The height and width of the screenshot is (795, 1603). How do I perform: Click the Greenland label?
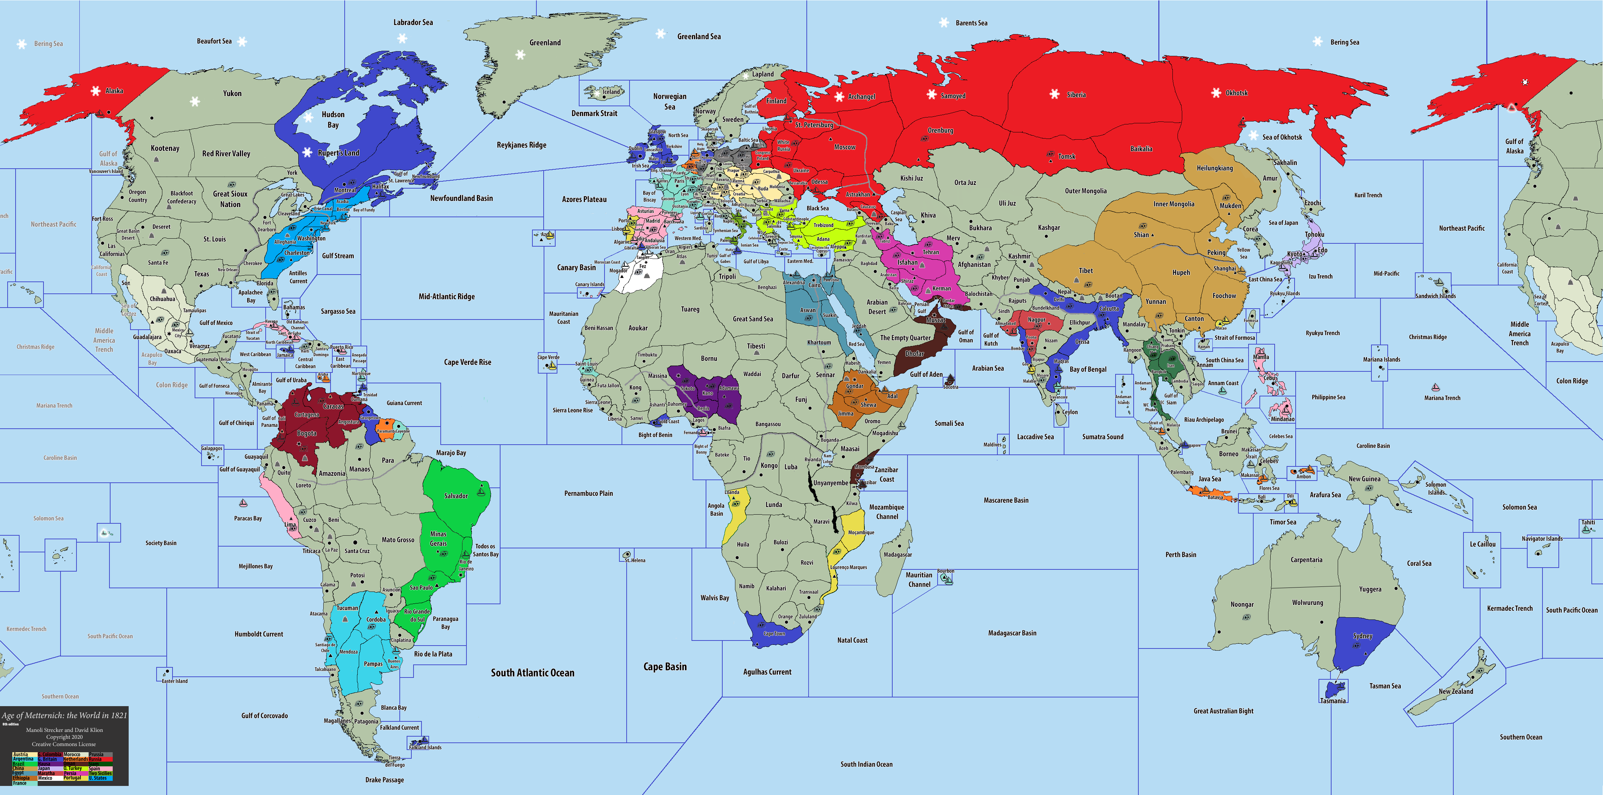(x=545, y=42)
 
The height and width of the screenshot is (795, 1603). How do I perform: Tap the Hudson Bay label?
(x=333, y=120)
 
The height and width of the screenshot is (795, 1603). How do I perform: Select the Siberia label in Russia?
(x=1076, y=95)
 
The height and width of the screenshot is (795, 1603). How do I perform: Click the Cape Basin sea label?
(x=665, y=667)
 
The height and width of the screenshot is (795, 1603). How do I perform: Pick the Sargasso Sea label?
(x=338, y=311)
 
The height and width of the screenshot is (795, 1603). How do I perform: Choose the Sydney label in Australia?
(x=1362, y=636)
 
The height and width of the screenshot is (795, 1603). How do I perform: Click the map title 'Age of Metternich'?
(x=64, y=715)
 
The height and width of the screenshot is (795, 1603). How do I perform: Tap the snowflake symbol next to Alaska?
(x=95, y=91)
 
